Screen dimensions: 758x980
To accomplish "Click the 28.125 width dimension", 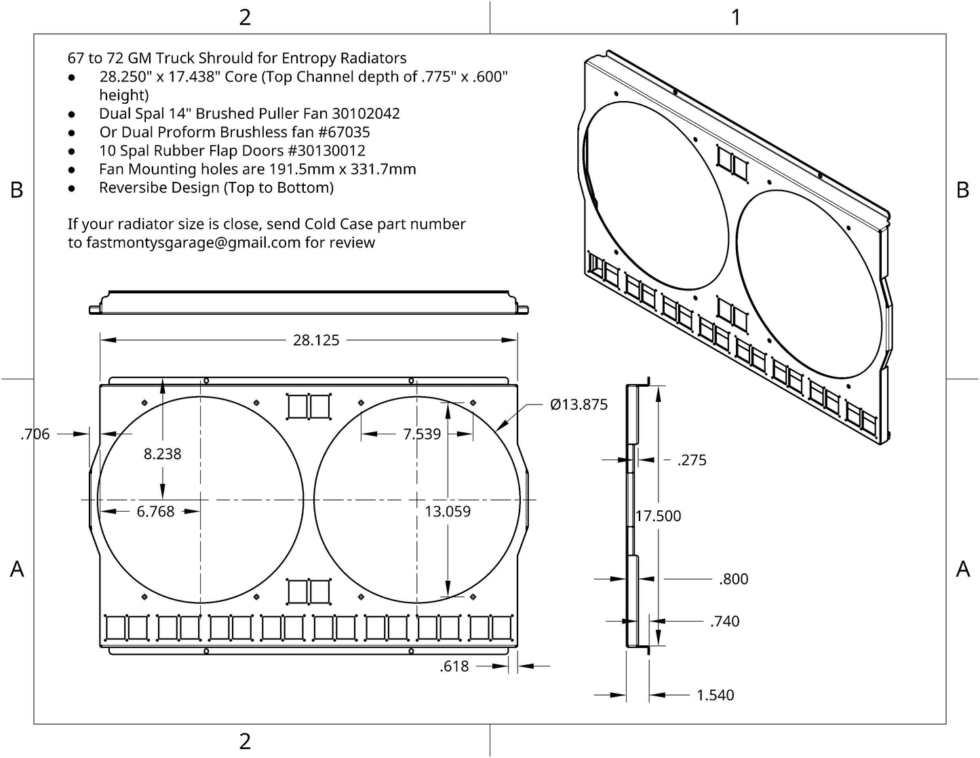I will coord(316,340).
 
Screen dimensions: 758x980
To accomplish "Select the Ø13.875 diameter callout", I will coord(579,404).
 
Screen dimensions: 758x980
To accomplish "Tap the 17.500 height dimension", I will coord(658,516).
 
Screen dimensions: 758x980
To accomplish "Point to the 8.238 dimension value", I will coord(163,454).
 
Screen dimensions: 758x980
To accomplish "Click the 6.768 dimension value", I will coord(155,512).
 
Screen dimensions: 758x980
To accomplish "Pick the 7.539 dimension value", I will coord(422,434).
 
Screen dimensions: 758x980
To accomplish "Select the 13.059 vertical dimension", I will coord(448,512).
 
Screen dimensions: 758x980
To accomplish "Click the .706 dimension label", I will coord(35,434).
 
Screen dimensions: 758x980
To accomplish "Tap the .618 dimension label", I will coord(454,666).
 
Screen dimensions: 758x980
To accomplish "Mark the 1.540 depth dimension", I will coord(716,695).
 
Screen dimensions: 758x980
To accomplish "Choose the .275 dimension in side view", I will coord(692,460).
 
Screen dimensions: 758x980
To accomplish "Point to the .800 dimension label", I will coord(733,579).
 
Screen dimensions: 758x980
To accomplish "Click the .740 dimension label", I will coord(724,621).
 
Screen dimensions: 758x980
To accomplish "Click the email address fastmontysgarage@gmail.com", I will coord(193,242).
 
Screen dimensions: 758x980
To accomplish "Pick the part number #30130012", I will coord(327,151).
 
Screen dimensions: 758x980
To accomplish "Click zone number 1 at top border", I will coord(736,17).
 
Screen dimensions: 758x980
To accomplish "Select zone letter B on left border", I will coord(17,190).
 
